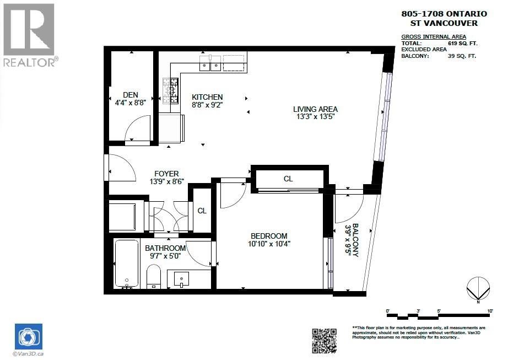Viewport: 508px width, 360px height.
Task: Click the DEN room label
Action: click(131, 94)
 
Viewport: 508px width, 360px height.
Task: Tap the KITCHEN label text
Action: click(207, 96)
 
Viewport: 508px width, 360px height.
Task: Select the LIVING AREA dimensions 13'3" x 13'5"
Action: click(315, 117)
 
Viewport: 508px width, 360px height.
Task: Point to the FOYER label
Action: click(166, 174)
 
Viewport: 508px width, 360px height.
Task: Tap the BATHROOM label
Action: click(165, 248)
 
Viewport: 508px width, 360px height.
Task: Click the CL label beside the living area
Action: click(288, 179)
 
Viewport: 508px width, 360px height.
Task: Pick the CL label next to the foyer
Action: click(202, 211)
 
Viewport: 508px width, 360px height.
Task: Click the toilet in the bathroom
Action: click(153, 276)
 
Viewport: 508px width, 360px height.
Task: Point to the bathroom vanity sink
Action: click(182, 279)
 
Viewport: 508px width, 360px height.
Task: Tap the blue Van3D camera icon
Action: click(28, 336)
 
